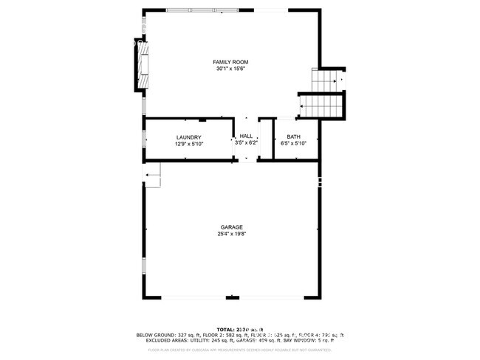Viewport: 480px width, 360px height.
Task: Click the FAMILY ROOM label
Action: [x=230, y=62]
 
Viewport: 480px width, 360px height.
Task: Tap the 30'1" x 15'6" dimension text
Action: [x=230, y=69]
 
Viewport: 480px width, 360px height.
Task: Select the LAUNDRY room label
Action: [x=189, y=138]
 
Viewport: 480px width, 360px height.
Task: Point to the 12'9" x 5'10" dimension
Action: [x=189, y=145]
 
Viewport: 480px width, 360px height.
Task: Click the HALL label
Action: [x=246, y=136]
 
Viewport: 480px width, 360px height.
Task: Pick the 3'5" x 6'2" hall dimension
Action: [x=246, y=142]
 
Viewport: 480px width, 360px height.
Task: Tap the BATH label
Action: [x=294, y=137]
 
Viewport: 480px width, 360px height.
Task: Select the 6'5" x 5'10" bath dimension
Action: [x=294, y=144]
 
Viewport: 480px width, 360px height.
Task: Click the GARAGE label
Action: [x=231, y=227]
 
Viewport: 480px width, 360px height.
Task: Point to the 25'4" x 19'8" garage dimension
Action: [x=231, y=234]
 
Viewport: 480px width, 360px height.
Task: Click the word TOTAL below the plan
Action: [x=224, y=329]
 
